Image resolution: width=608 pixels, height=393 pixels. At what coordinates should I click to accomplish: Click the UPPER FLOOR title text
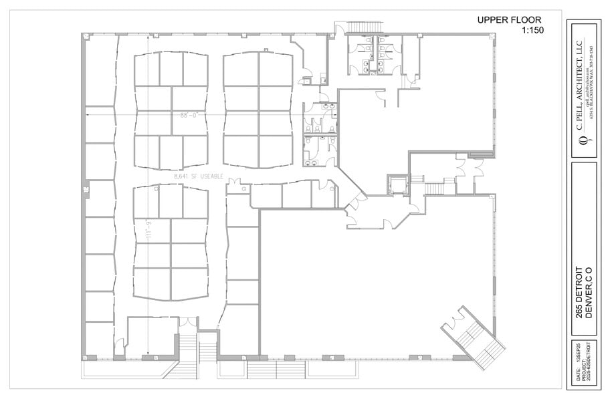tap(509, 20)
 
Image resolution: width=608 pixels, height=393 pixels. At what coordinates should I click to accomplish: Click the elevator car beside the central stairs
tap(396, 184)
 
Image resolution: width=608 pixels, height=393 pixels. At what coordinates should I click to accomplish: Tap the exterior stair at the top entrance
tap(370, 27)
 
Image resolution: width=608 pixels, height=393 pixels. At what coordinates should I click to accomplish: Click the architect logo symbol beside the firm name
tap(581, 141)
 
